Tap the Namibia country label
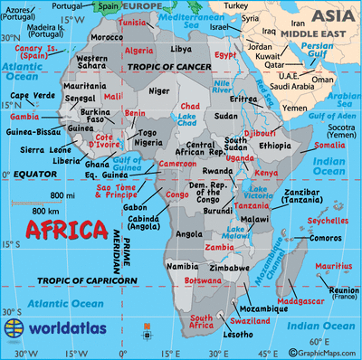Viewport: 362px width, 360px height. pos(184,266)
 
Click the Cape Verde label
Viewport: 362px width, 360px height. pos(28,96)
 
